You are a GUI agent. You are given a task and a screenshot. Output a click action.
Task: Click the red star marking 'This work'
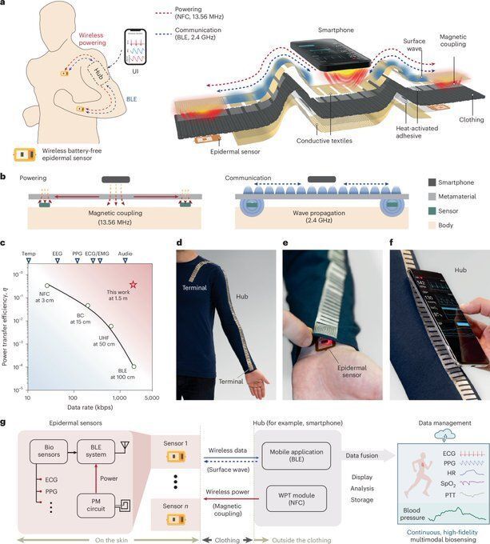coord(133,284)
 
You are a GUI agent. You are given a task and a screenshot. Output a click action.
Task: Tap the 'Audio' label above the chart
coord(125,252)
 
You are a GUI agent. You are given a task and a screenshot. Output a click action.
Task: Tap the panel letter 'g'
coord(6,421)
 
